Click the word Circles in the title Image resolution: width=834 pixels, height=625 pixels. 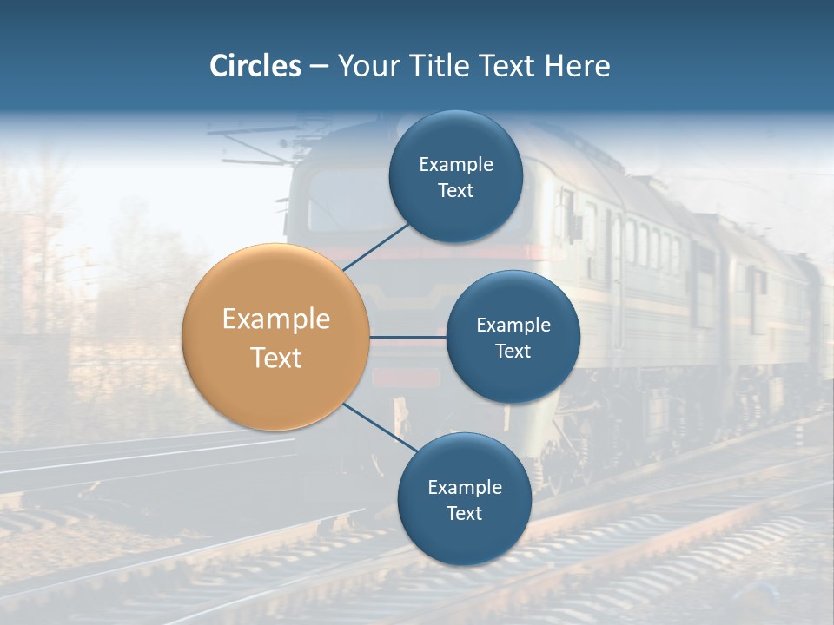tap(255, 66)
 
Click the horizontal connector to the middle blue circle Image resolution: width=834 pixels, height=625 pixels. tap(407, 337)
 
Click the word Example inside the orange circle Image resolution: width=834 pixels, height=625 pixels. tap(276, 319)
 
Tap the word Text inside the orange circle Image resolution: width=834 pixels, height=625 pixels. tap(276, 358)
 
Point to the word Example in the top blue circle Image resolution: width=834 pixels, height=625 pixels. tap(456, 165)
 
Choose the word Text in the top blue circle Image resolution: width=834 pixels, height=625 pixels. tap(456, 191)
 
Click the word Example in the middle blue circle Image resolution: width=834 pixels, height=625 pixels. tap(513, 326)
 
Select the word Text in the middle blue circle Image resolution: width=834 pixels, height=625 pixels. tap(513, 351)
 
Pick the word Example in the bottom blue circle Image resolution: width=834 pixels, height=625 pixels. tap(465, 488)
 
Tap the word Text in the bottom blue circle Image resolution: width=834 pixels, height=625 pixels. tap(465, 513)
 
